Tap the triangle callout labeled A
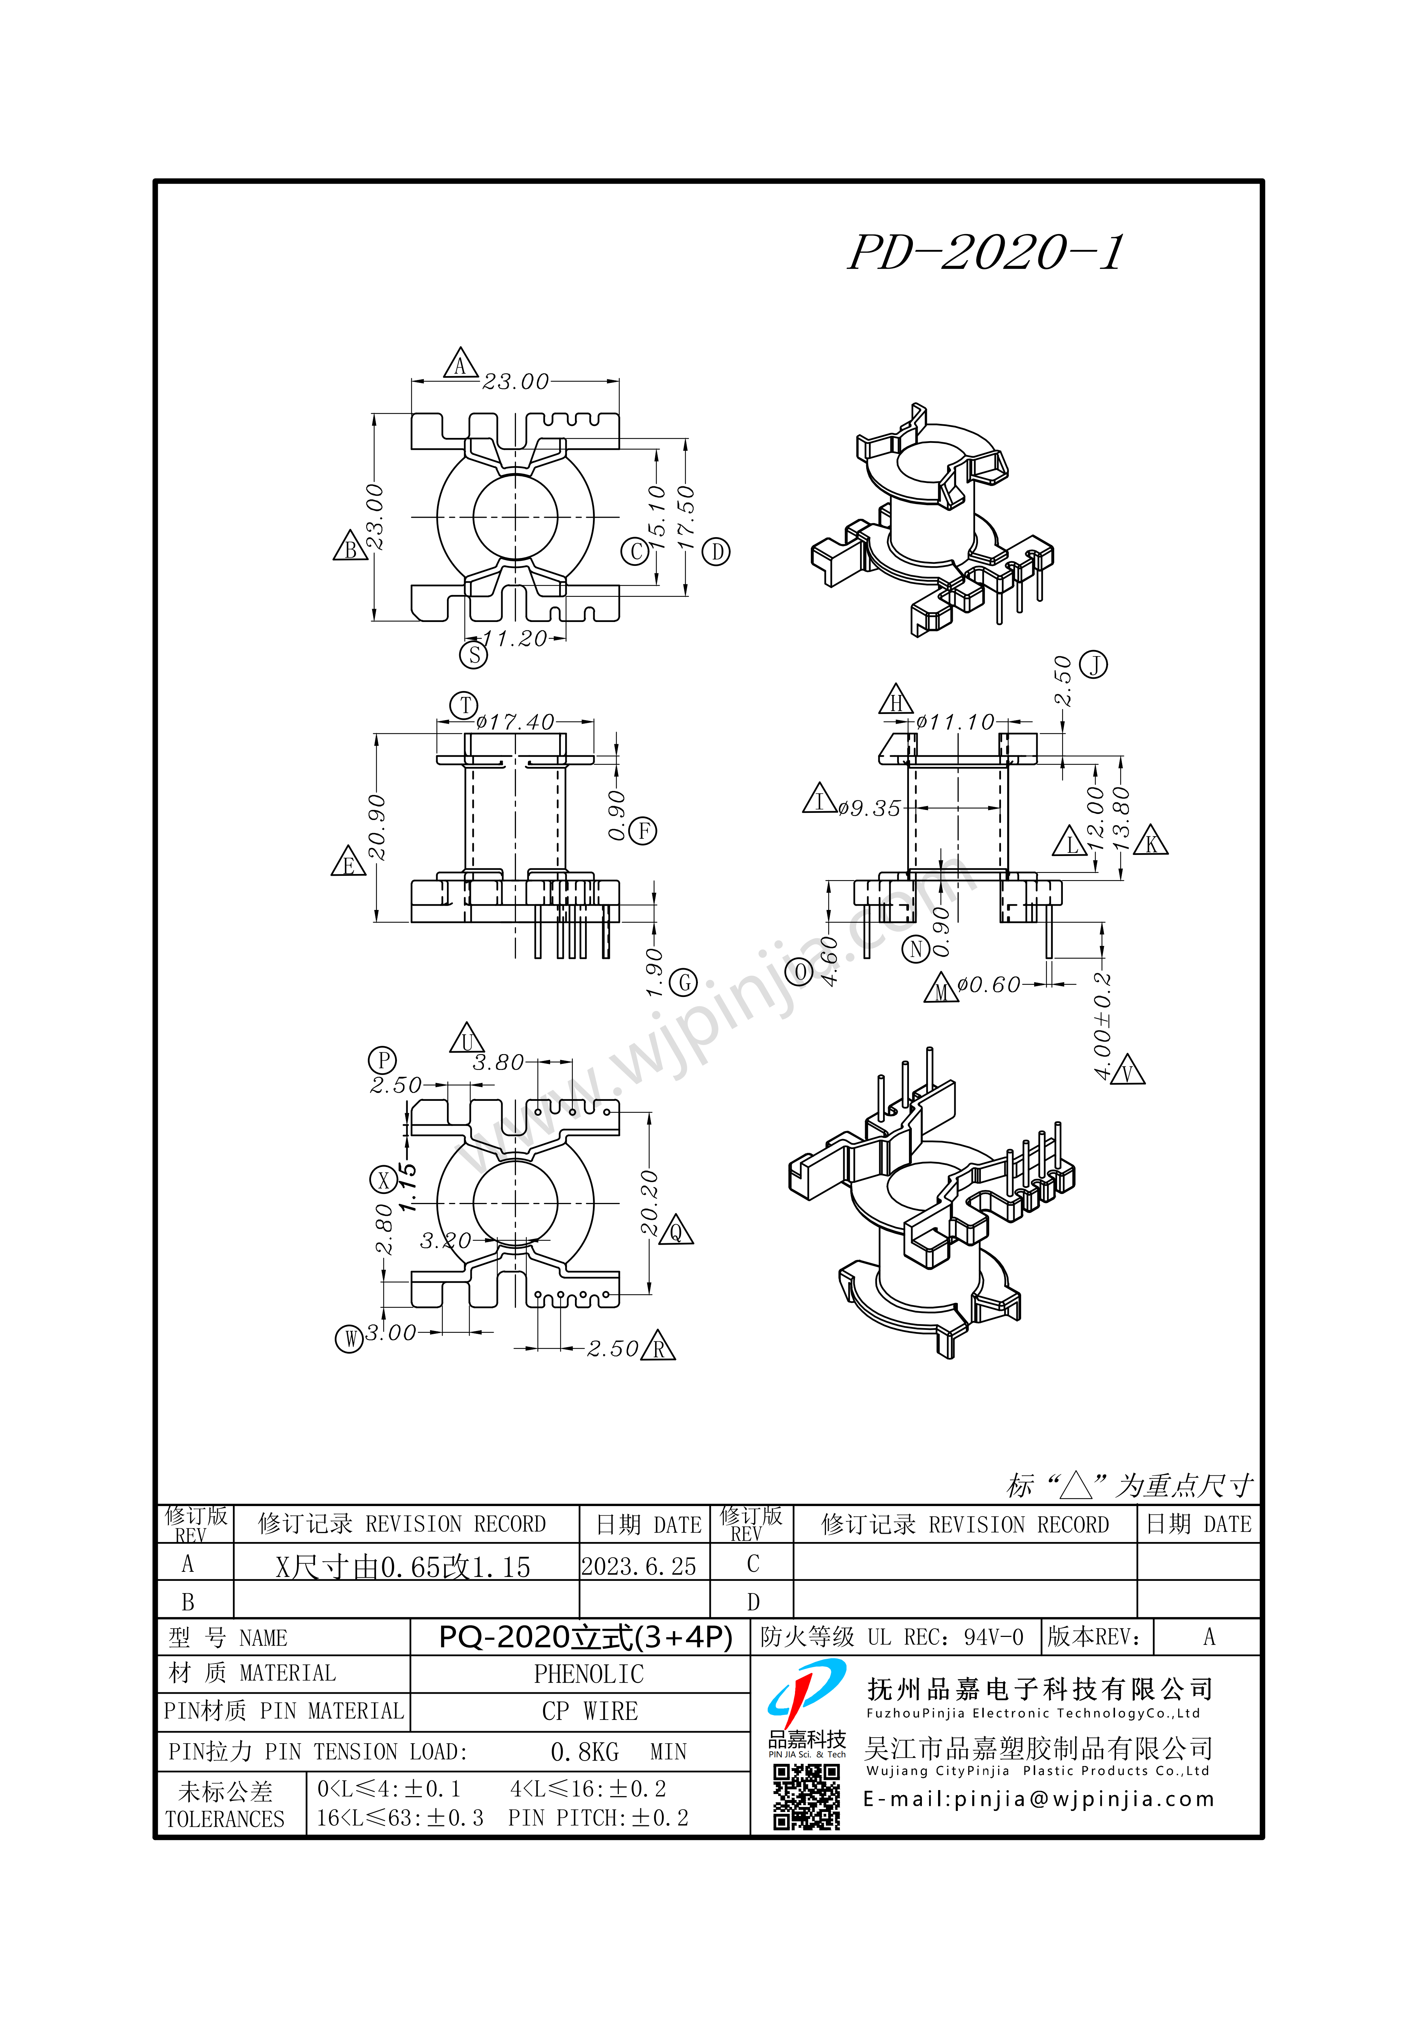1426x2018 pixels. pyautogui.click(x=461, y=364)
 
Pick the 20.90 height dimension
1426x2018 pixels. pyautogui.click(x=376, y=827)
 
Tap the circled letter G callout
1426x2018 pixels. pyautogui.click(x=684, y=983)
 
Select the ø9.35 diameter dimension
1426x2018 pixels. pyautogui.click(x=869, y=808)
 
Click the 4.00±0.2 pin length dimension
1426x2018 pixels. pyautogui.click(x=1102, y=1026)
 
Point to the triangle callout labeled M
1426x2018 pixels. pyautogui.click(x=942, y=990)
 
